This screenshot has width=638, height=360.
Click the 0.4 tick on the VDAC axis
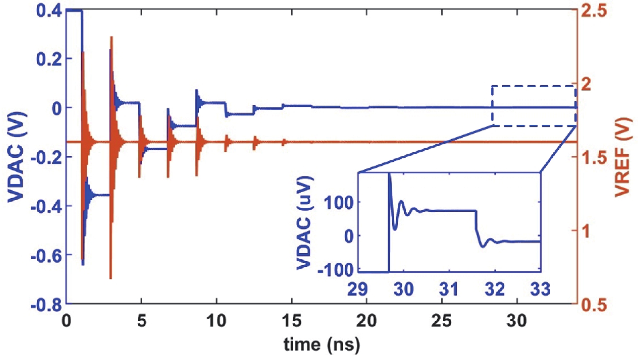(x=49, y=11)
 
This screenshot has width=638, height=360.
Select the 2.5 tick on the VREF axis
(x=594, y=11)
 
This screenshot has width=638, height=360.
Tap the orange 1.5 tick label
(x=594, y=158)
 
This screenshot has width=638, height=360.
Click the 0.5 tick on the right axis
(x=594, y=305)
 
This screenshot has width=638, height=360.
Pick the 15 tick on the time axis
(x=292, y=321)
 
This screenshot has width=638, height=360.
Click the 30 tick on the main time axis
(x=517, y=321)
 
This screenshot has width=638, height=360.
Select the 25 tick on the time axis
(x=442, y=321)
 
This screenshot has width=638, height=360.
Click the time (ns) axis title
(x=322, y=345)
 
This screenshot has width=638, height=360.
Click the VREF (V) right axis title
(x=623, y=157)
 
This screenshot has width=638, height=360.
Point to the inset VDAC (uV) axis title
(x=305, y=223)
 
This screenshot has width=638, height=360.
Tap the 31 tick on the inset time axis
(x=449, y=290)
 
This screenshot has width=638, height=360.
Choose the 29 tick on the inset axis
(x=358, y=290)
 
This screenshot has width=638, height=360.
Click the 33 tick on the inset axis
(x=540, y=290)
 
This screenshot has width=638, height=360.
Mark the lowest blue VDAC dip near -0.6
(x=83, y=264)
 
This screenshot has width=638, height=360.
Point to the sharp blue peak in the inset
(x=389, y=174)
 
